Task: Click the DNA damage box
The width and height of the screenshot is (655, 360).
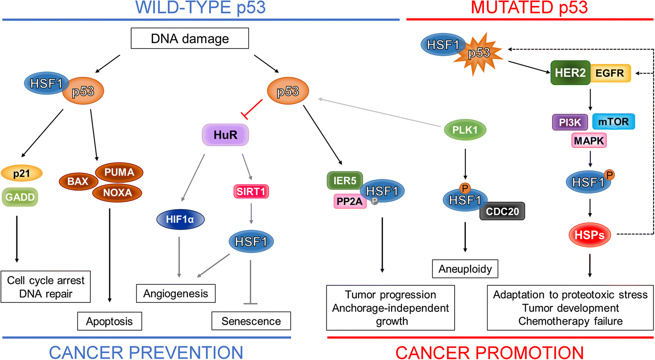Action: click(x=190, y=39)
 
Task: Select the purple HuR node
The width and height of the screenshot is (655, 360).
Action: click(x=225, y=135)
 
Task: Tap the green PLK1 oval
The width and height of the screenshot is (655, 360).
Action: click(x=465, y=130)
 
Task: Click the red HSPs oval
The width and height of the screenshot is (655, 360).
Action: click(x=589, y=235)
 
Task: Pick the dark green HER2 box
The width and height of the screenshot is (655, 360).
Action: click(x=570, y=73)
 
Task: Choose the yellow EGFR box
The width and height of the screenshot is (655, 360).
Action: click(x=610, y=73)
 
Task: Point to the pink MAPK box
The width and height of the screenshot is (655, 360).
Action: click(x=589, y=141)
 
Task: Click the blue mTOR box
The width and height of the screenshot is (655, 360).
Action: click(x=613, y=122)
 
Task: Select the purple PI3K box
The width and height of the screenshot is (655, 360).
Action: click(x=570, y=122)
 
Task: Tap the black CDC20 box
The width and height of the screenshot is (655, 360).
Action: click(x=502, y=211)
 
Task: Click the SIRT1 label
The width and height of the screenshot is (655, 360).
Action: click(x=251, y=191)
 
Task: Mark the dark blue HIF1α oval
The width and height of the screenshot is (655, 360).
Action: click(x=180, y=219)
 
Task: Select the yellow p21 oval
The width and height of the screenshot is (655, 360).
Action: click(x=21, y=174)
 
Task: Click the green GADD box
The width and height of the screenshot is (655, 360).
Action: click(x=20, y=197)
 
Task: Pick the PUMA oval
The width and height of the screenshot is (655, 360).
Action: click(x=119, y=172)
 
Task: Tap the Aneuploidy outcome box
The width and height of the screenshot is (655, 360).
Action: click(x=465, y=269)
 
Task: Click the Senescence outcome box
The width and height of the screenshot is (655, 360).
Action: click(x=251, y=321)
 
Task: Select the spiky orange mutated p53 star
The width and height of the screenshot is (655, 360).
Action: click(x=479, y=53)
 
